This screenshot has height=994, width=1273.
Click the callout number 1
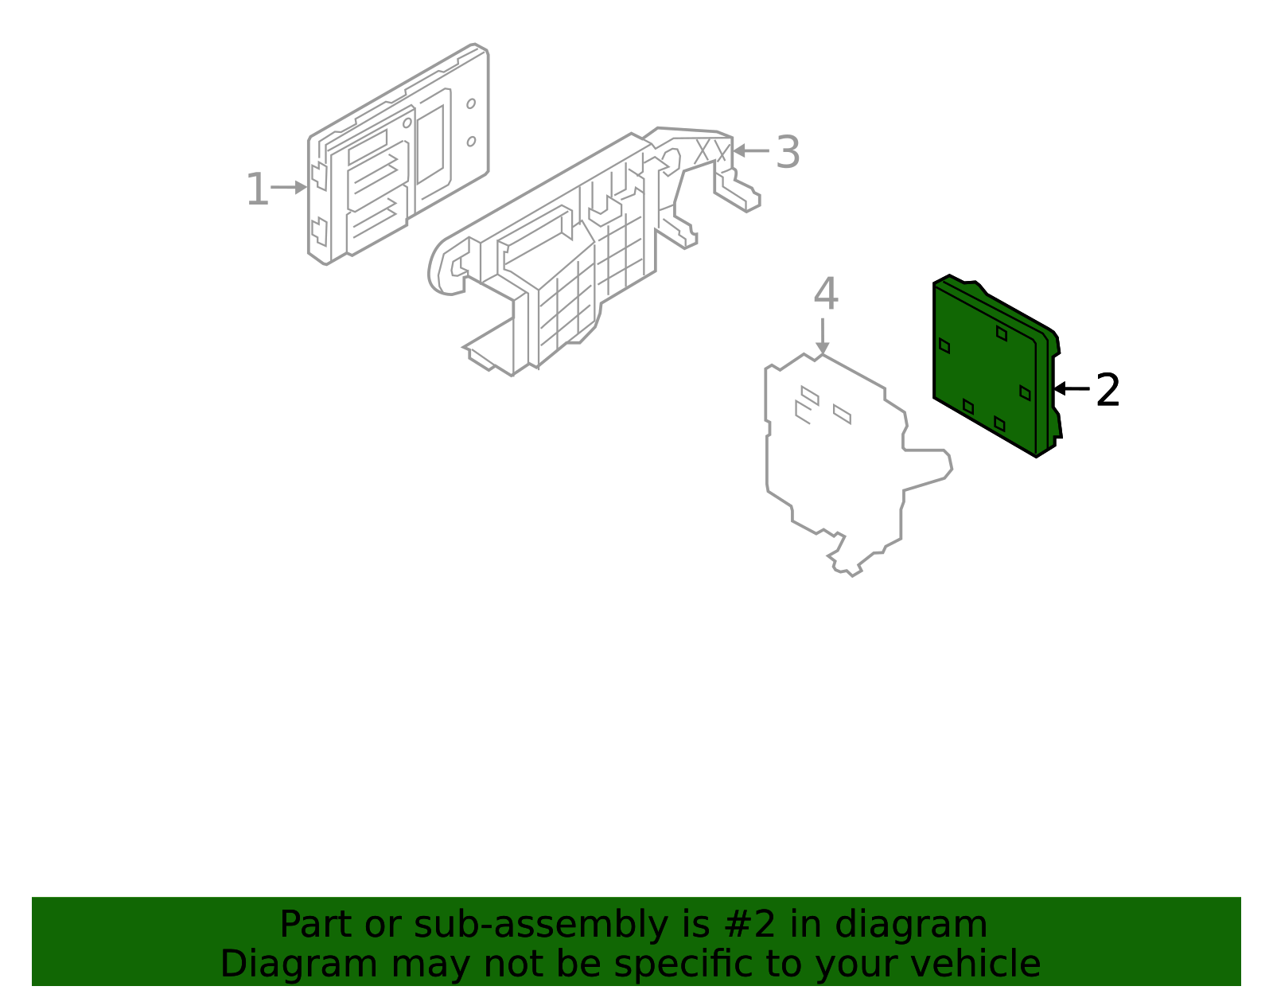[257, 190]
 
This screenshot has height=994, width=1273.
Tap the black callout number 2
[1108, 391]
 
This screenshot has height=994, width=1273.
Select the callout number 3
[787, 152]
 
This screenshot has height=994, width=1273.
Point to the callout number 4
[825, 294]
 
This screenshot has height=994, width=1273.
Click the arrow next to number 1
[289, 188]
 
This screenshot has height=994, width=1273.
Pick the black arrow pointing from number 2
[1071, 389]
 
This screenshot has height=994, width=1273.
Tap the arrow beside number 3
[750, 150]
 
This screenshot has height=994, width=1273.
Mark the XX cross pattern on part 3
[711, 151]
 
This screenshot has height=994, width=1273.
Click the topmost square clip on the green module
[1002, 333]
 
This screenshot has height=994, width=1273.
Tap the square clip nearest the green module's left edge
[944, 345]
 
